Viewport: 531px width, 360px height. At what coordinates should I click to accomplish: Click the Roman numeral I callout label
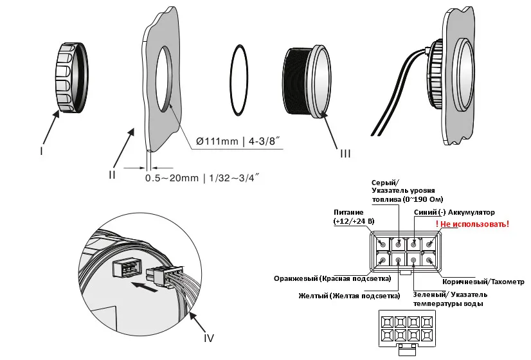point(41,150)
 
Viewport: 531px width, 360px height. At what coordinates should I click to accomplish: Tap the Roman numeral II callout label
point(112,174)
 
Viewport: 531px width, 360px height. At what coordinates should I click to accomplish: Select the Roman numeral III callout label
point(345,154)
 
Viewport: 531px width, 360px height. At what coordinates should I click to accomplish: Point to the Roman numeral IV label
point(209,337)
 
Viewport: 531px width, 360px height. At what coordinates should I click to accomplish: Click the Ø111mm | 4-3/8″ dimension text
point(239,141)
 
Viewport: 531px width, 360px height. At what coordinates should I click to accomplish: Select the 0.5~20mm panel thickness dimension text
point(203,177)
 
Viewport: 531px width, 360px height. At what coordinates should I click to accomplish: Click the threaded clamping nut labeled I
point(72,78)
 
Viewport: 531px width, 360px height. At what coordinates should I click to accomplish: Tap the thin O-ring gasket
point(239,80)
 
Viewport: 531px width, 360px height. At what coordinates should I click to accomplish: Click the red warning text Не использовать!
point(473,224)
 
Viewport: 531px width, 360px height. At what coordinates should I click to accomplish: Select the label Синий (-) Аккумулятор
point(454,212)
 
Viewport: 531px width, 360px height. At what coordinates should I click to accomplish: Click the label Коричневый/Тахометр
point(483,282)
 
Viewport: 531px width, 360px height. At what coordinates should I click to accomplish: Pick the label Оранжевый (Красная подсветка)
point(332,278)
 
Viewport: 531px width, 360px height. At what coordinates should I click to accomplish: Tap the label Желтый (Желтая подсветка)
point(349,296)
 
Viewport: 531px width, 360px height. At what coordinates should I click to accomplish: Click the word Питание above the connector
point(348,212)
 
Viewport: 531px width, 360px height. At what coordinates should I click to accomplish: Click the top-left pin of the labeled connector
point(383,244)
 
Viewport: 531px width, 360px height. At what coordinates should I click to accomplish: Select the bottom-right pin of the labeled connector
point(429,260)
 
